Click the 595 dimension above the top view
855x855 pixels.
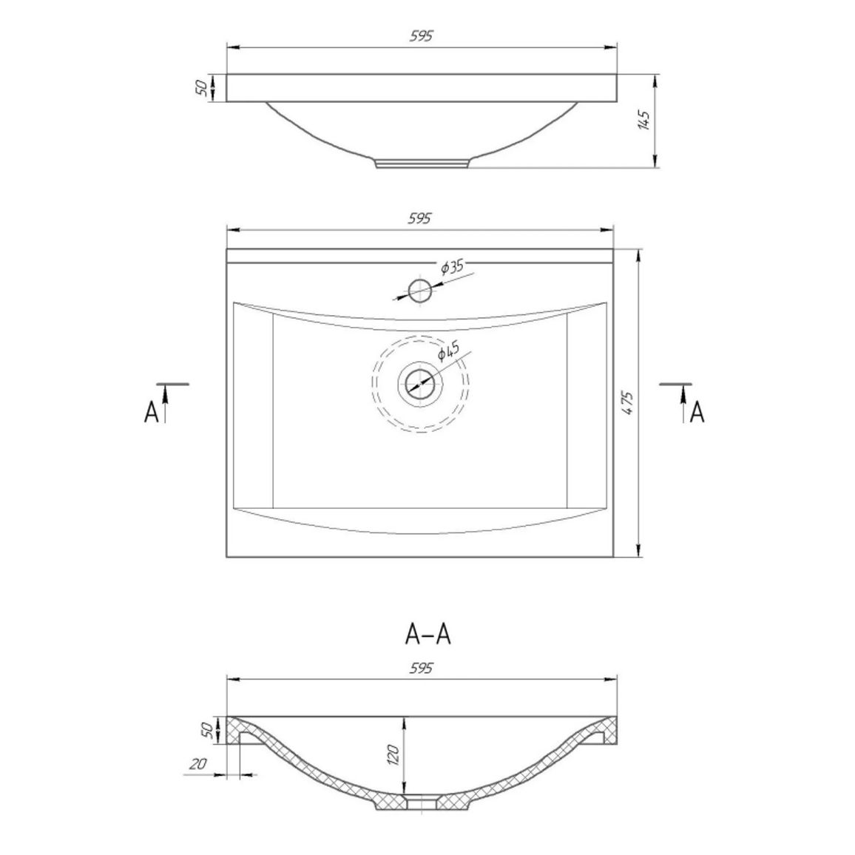(x=421, y=36)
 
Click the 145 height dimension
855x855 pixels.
(x=644, y=121)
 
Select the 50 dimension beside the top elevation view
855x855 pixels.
(x=201, y=88)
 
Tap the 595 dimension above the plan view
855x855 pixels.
(x=419, y=219)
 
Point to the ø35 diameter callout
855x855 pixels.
(x=451, y=267)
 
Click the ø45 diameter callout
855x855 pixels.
(x=448, y=351)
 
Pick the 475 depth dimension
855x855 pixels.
(x=628, y=403)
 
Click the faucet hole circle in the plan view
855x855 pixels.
(x=420, y=291)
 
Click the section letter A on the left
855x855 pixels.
(x=151, y=412)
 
